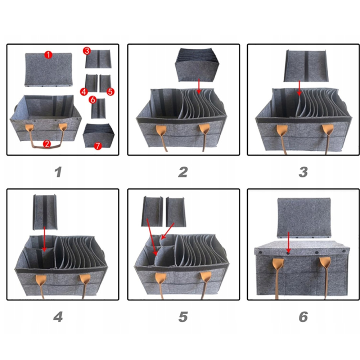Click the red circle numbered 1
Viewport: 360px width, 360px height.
coord(48,55)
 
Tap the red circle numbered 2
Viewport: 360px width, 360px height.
coord(47,144)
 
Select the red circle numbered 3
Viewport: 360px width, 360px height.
coord(87,51)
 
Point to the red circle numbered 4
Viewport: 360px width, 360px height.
coord(84,92)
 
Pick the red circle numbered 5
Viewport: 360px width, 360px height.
coord(111,92)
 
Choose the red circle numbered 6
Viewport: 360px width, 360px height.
coord(93,100)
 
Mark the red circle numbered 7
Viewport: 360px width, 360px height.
coord(98,146)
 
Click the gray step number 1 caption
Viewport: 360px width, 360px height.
coord(58,172)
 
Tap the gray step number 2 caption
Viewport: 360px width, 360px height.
coord(183,172)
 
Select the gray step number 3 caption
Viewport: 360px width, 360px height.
coord(303,172)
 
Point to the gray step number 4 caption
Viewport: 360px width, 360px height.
coord(58,317)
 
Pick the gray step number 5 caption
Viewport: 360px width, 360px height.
coord(183,317)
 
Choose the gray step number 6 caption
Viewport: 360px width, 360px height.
coord(303,317)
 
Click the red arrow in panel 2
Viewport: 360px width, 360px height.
coord(199,86)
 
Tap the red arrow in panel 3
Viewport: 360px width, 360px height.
coord(299,88)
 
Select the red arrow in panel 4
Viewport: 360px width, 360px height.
coord(44,239)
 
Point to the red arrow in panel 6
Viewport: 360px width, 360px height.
coord(289,242)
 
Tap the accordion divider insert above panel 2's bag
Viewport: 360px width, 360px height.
coord(197,65)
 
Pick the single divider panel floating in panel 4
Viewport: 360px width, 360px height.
coord(45,212)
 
